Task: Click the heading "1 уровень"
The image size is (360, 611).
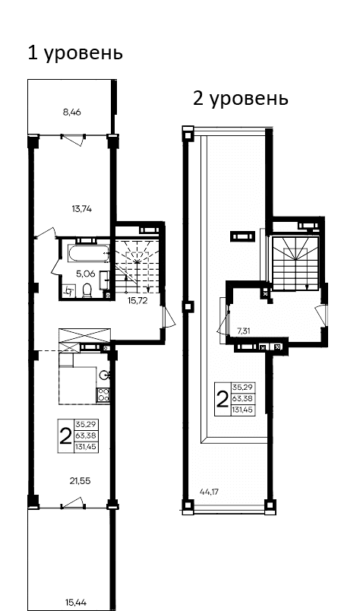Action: (74, 53)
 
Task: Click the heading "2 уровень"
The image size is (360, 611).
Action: (240, 99)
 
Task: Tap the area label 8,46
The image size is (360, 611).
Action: (71, 112)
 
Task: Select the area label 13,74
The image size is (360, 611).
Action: (81, 208)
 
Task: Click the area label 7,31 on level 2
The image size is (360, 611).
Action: (244, 331)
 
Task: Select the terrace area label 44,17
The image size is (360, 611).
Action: (209, 492)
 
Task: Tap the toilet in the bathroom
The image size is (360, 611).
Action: (88, 290)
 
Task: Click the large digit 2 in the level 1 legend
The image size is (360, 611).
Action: (65, 435)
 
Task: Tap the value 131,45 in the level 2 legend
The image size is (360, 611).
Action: (242, 410)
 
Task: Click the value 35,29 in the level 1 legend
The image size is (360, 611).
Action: (85, 424)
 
